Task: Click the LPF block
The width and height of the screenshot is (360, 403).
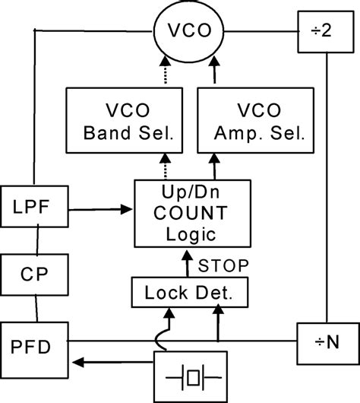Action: tap(30, 205)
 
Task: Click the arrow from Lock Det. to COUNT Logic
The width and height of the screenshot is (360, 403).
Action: tap(185, 262)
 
